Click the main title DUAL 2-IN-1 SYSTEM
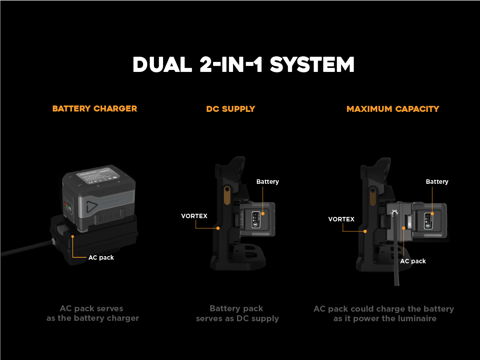tap(243, 65)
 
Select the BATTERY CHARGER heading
tap(95, 109)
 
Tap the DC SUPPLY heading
tap(231, 109)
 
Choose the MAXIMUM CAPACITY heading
tap(393, 109)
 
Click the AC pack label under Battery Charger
tap(101, 258)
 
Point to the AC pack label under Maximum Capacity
tap(413, 261)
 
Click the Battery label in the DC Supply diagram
tap(267, 182)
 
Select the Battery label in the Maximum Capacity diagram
tap(437, 182)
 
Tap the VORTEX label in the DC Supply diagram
tap(194, 216)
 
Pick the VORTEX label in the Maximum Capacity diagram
tap(341, 219)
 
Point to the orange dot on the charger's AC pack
tap(73, 237)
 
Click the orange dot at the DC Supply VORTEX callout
tap(218, 228)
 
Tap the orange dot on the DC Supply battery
tap(263, 213)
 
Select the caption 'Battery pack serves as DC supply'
tap(237, 314)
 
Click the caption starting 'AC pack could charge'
tap(384, 314)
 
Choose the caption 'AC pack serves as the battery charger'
tap(92, 314)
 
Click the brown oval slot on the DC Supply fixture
tap(227, 195)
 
